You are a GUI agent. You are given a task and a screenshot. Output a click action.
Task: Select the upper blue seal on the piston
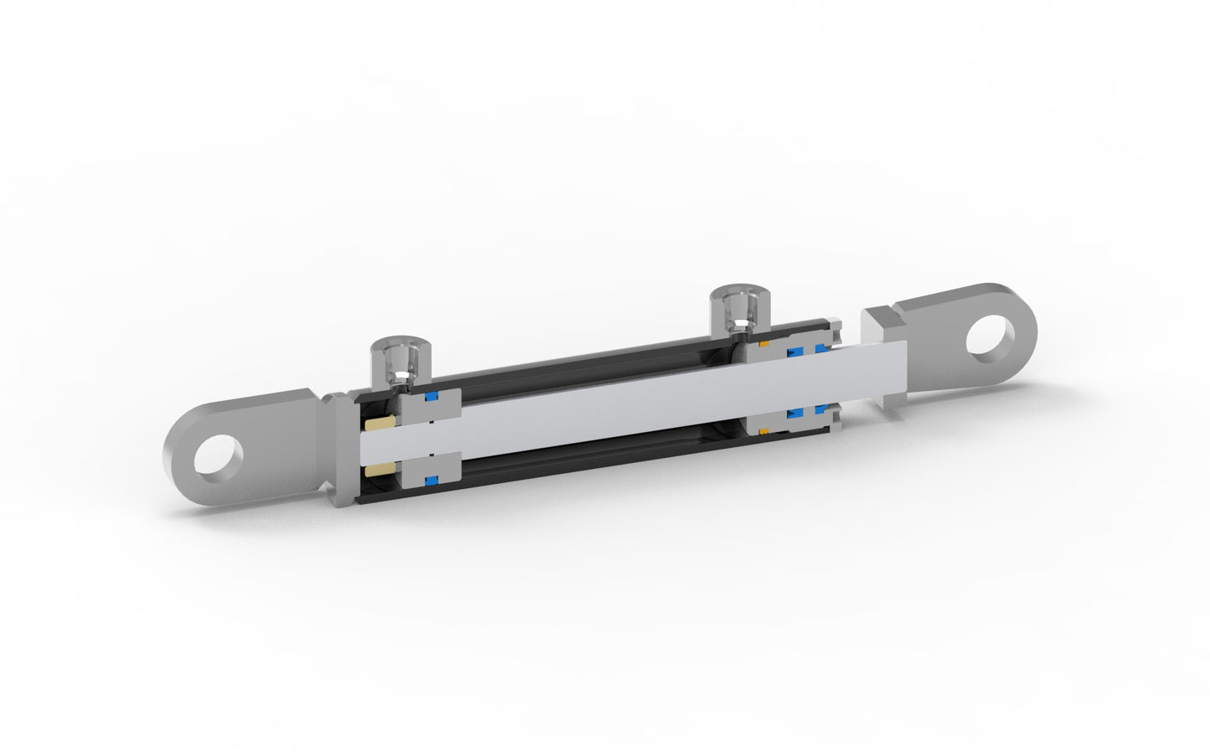(x=432, y=397)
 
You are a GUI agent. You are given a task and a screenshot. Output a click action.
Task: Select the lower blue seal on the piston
(x=432, y=480)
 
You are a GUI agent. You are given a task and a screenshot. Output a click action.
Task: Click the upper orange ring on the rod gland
(x=764, y=344)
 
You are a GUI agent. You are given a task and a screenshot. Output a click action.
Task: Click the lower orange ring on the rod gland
(x=764, y=431)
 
